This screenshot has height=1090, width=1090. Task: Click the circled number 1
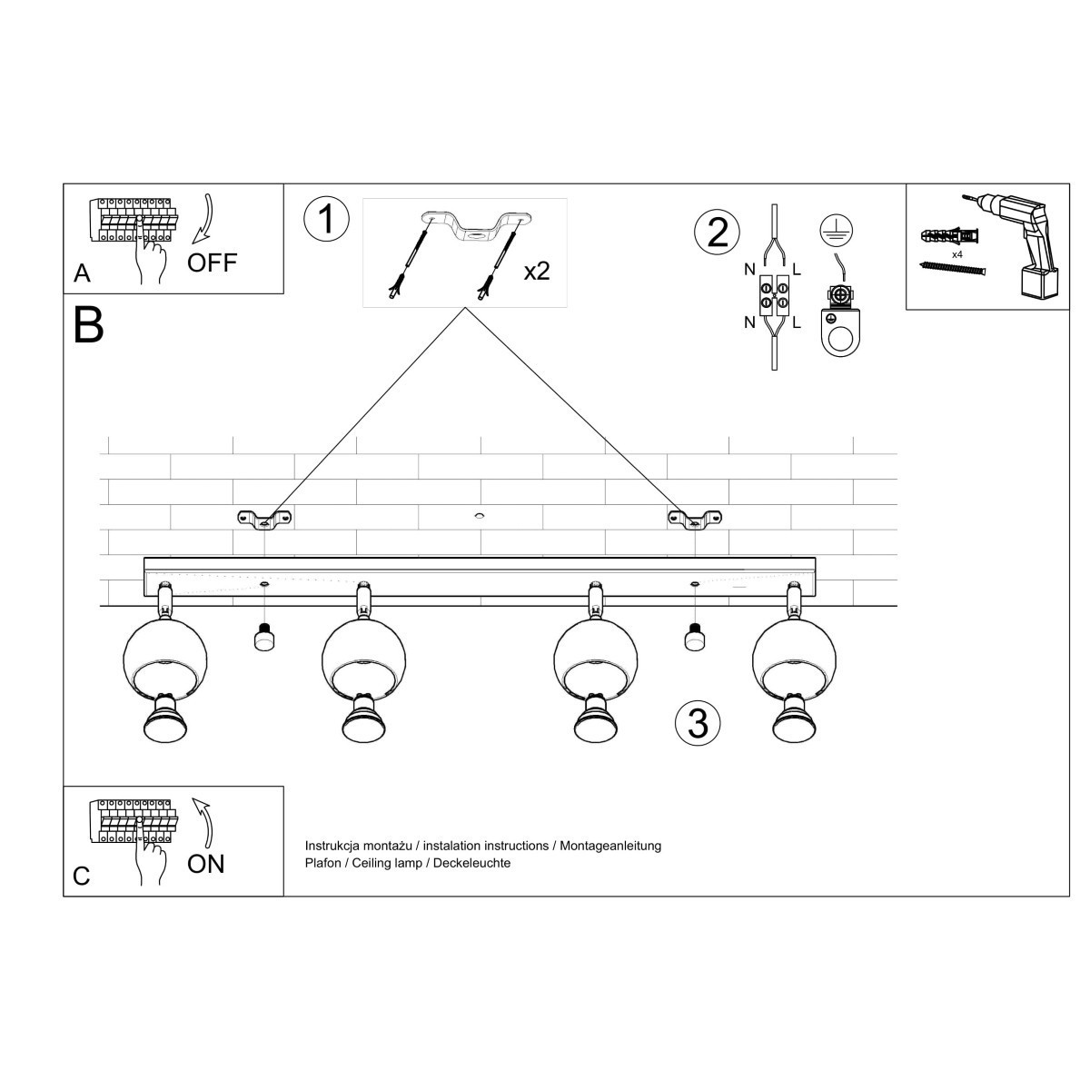[x=326, y=220]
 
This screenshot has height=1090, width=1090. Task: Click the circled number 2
[x=718, y=233]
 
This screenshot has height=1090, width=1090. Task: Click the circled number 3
[x=698, y=723]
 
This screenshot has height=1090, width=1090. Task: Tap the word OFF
[x=212, y=263]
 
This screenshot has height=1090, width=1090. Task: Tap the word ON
[x=205, y=864]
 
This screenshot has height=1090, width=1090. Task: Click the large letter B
[x=89, y=324]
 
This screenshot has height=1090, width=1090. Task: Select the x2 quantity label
[x=537, y=271]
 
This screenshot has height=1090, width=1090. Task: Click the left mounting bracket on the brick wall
[x=264, y=519]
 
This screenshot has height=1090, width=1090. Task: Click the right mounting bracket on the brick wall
[x=695, y=519]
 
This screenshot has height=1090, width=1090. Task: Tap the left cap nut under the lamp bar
[x=263, y=639]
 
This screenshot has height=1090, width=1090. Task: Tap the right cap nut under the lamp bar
[x=695, y=639]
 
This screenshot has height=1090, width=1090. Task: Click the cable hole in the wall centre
[x=479, y=517]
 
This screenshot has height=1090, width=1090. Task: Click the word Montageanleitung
[x=610, y=846]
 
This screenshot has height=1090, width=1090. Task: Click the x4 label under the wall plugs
[x=957, y=255]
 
